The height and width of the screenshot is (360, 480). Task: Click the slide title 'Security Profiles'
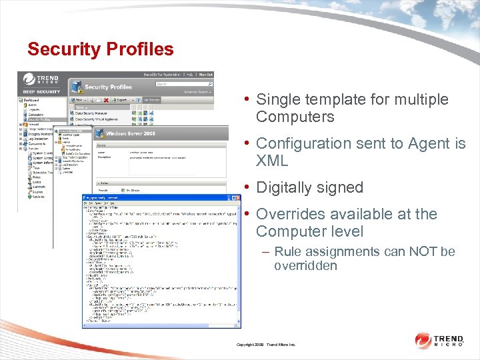pos(100,49)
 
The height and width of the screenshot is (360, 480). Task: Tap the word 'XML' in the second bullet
pos(272,161)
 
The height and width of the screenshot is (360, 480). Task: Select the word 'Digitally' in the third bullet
pos(285,188)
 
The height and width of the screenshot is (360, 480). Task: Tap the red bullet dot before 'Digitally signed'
pos(247,187)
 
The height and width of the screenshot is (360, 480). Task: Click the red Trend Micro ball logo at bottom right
pos(423,341)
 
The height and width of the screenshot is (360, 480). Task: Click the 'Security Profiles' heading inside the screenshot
pos(108,87)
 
